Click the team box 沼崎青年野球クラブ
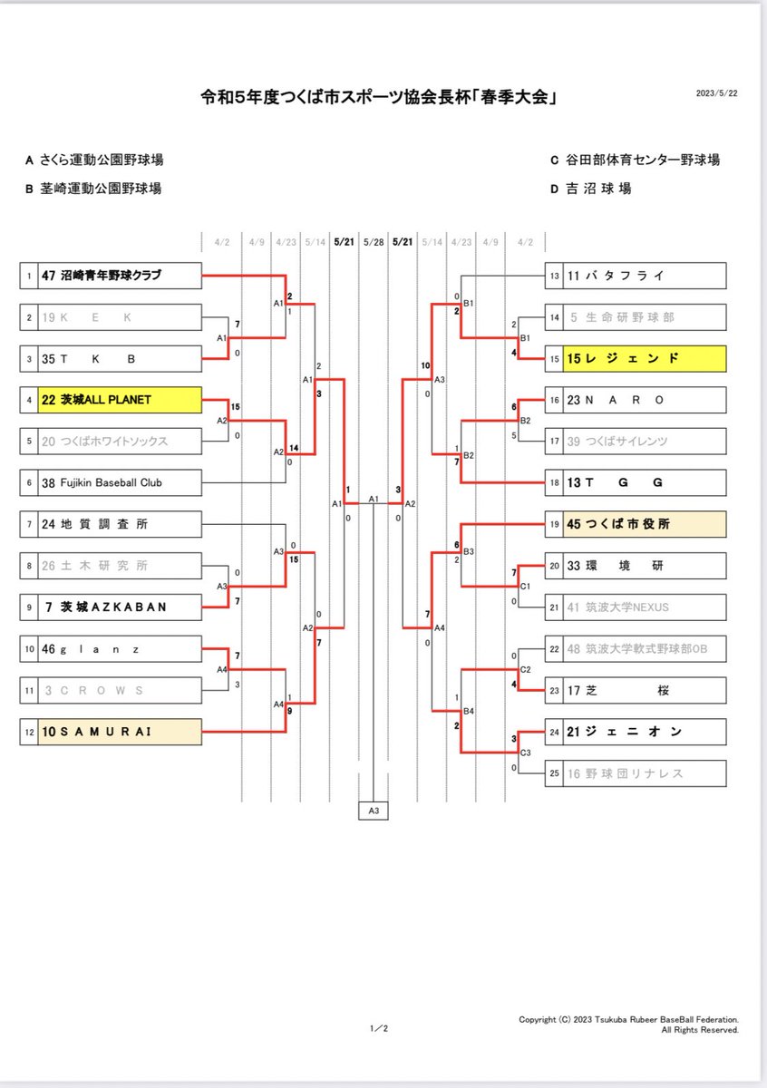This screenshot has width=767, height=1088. [x=119, y=275]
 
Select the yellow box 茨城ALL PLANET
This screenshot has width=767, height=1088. [x=119, y=400]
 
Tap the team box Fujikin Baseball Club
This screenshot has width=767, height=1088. [x=119, y=483]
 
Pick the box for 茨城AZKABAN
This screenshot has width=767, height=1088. [x=119, y=607]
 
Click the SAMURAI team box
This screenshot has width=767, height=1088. [x=119, y=732]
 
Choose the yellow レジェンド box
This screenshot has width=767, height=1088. [x=644, y=358]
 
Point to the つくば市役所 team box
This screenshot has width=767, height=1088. [x=644, y=524]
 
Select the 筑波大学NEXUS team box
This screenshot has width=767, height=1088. [x=644, y=607]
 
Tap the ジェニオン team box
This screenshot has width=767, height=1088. [x=644, y=732]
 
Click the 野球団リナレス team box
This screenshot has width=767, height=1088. [x=644, y=773]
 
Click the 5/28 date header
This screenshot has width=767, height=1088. [x=374, y=242]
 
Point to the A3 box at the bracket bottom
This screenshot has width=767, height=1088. [x=374, y=811]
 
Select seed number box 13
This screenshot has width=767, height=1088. [x=554, y=275]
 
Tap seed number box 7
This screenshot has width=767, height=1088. [x=29, y=524]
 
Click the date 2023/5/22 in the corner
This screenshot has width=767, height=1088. [x=716, y=93]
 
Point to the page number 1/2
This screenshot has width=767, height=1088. [x=379, y=1028]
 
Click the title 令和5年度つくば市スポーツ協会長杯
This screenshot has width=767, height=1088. [x=378, y=95]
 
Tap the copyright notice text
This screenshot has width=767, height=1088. [x=628, y=1025]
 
